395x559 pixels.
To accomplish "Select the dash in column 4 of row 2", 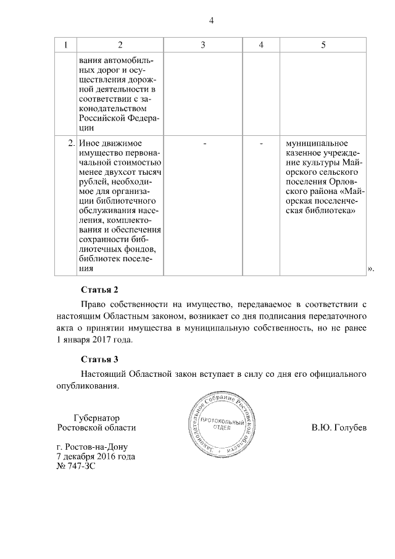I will click(x=262, y=143).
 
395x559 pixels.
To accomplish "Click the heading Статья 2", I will click(x=99, y=290).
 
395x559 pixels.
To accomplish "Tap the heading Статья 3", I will click(x=99, y=359).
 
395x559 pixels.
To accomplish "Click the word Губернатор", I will click(x=96, y=417).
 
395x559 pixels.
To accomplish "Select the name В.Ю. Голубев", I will click(x=339, y=427).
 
